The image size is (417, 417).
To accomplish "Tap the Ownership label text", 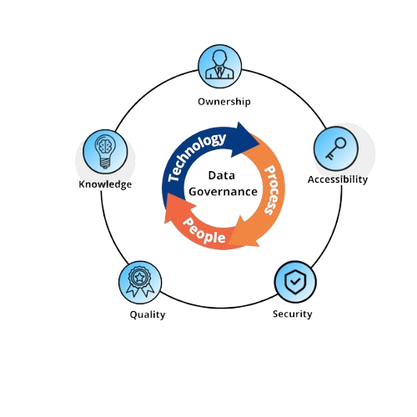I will click(224, 102).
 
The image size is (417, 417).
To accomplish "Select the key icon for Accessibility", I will click(335, 148).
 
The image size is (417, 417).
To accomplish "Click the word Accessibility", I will click(338, 179).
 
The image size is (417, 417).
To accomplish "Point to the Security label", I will click(293, 314).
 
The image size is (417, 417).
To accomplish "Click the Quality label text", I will click(147, 314).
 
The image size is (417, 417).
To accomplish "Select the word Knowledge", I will click(105, 184).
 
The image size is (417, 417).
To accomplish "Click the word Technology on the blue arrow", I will click(197, 155).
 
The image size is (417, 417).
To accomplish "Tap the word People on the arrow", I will click(204, 230).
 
